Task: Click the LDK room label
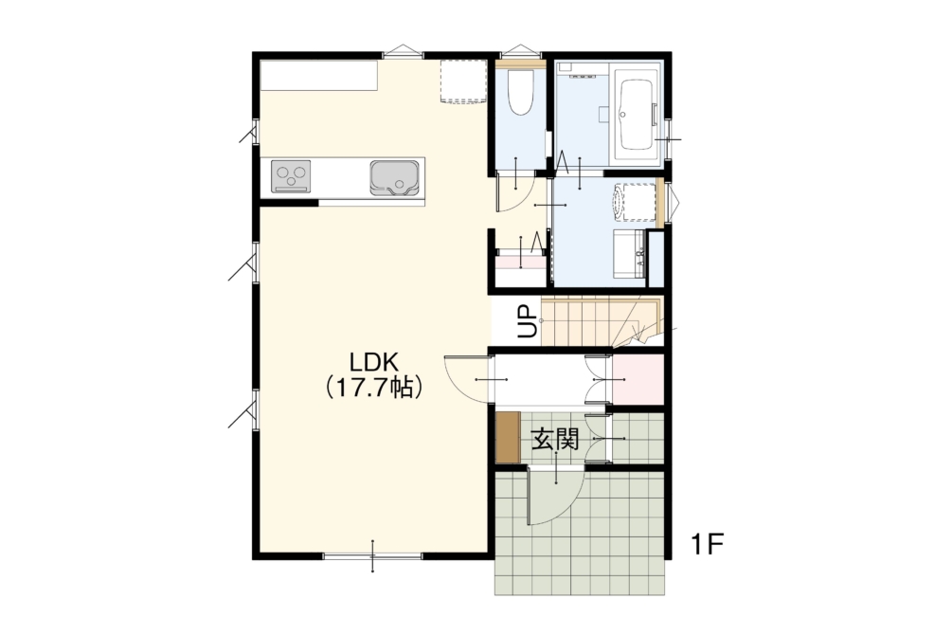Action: [x=373, y=362]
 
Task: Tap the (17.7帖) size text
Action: [x=373, y=387]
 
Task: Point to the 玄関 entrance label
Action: [x=554, y=439]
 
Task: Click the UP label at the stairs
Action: [x=527, y=320]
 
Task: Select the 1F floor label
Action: [x=708, y=544]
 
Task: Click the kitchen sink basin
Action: [x=395, y=177]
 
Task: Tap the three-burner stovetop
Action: [x=291, y=176]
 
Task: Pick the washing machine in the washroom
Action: [x=635, y=202]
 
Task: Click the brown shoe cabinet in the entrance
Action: [x=508, y=437]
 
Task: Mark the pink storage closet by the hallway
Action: [x=638, y=379]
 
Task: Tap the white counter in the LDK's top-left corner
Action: [x=319, y=76]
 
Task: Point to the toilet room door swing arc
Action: [x=515, y=193]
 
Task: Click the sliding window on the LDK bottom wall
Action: [x=373, y=555]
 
